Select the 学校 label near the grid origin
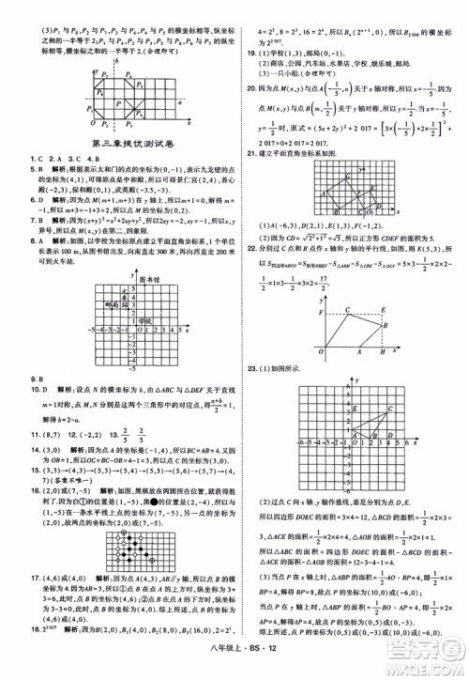coord(144,321)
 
